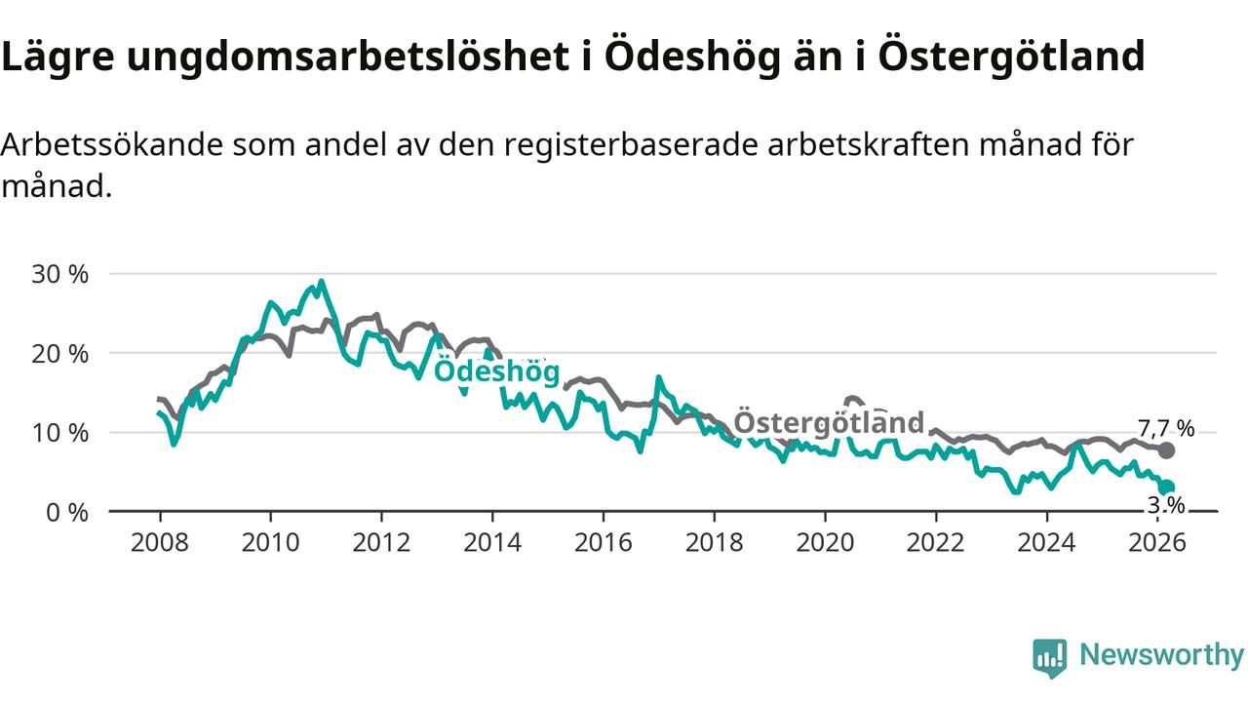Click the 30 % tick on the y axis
point(60,274)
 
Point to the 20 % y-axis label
point(60,353)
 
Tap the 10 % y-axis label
point(60,432)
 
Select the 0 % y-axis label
point(67,511)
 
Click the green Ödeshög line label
point(496,371)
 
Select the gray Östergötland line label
point(828,422)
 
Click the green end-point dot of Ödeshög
point(1167,487)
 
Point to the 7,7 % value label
point(1166,428)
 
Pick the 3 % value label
point(1166,505)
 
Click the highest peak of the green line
point(321,282)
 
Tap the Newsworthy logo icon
point(1049,657)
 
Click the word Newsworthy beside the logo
point(1161,655)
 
